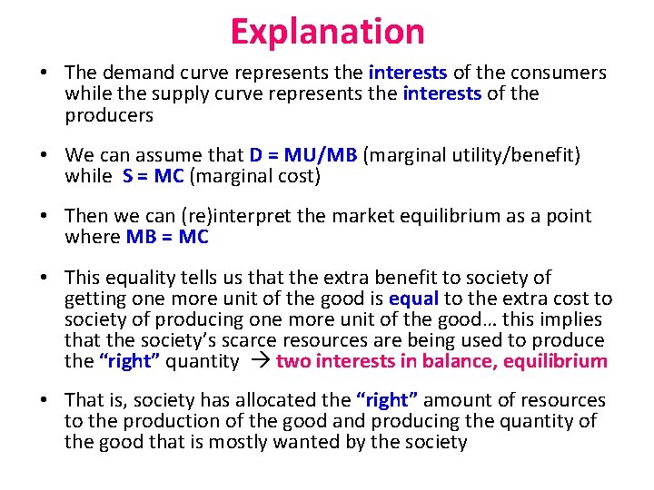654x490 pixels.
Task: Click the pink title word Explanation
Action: click(x=327, y=31)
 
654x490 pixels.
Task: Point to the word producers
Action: click(x=109, y=115)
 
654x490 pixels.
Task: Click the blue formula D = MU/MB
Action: click(x=302, y=155)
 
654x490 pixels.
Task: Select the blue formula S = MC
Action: click(x=154, y=176)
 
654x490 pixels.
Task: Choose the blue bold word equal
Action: click(x=413, y=299)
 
